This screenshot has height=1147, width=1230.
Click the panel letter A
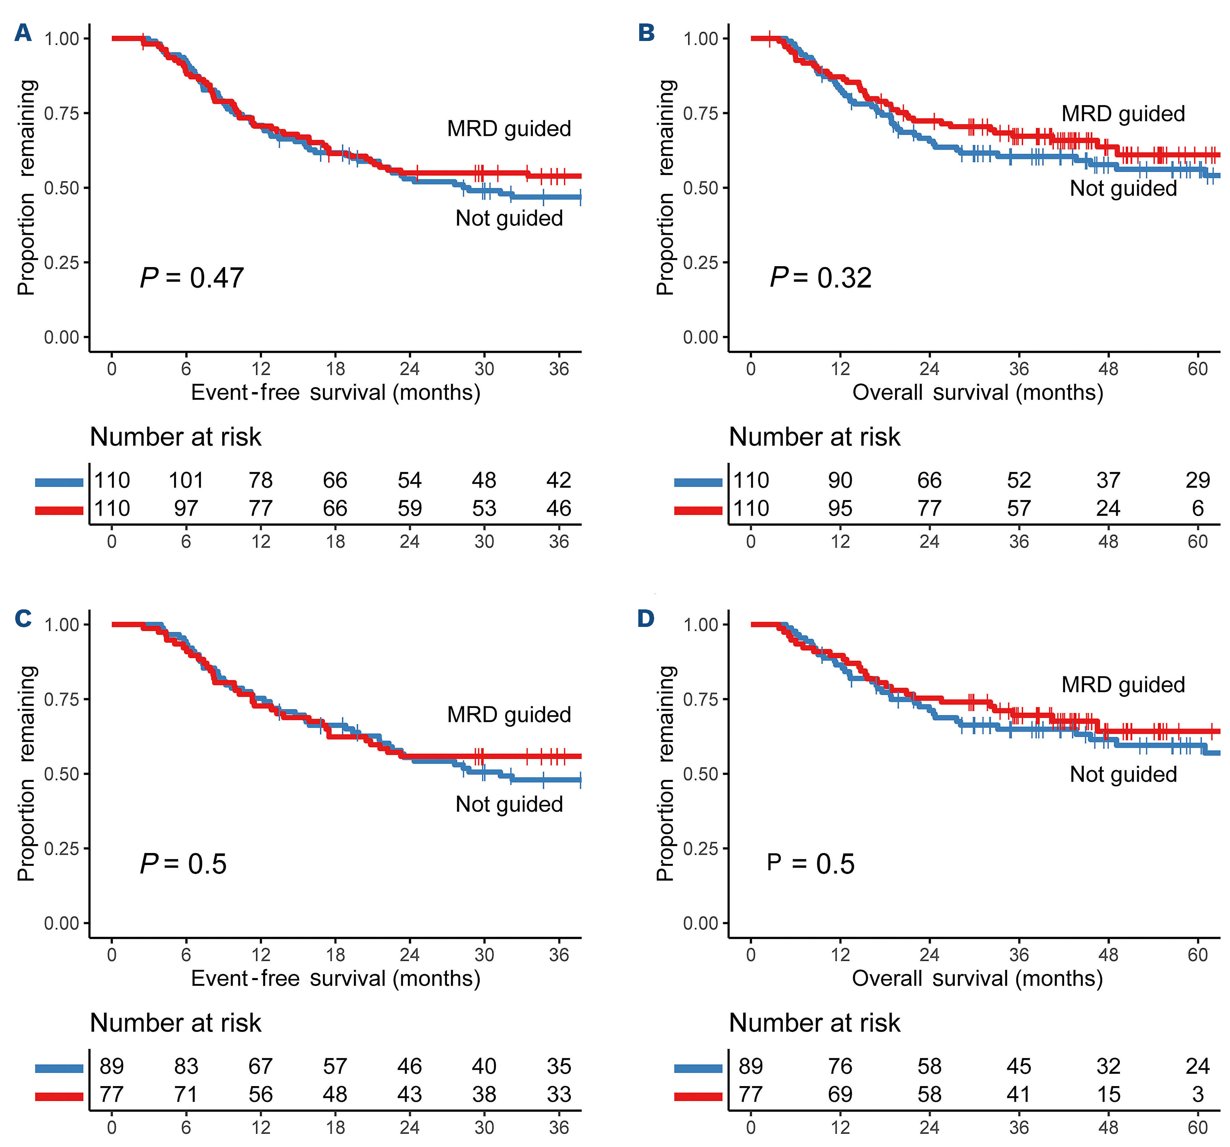(x=23, y=33)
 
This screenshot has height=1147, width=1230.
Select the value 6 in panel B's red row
(x=1198, y=508)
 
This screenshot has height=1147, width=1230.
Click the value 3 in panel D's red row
(x=1198, y=1095)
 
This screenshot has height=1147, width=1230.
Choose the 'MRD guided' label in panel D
(x=1123, y=685)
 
